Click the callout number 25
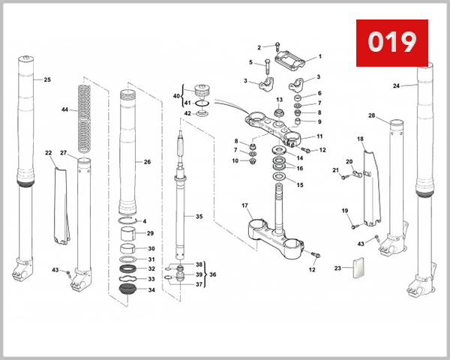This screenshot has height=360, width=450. (x=47, y=79)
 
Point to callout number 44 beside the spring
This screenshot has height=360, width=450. (x=65, y=109)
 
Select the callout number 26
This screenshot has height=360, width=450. (x=147, y=162)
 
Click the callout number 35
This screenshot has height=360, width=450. (x=199, y=217)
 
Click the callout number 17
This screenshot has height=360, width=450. (x=244, y=205)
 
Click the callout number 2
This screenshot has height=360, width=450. (x=259, y=47)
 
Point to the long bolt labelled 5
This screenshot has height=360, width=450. (x=267, y=73)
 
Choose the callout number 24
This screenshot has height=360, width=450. (x=396, y=86)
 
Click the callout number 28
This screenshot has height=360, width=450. (x=371, y=115)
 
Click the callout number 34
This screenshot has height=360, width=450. (x=151, y=289)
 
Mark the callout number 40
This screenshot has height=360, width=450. (x=176, y=96)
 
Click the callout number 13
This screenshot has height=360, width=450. (x=279, y=99)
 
